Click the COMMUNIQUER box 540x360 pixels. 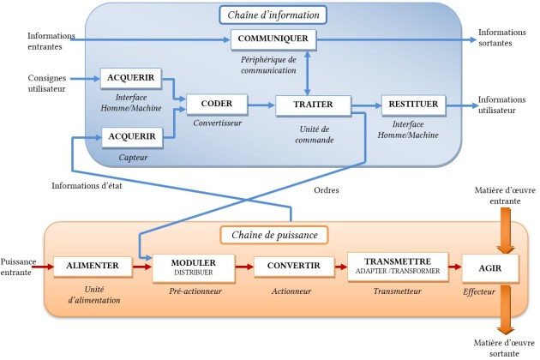pyautogui.click(x=273, y=39)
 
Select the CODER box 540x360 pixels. pyautogui.click(x=217, y=104)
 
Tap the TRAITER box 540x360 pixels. pyautogui.click(x=314, y=105)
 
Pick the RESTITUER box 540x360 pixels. pyautogui.click(x=414, y=105)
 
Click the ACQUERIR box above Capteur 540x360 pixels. pyautogui.click(x=132, y=137)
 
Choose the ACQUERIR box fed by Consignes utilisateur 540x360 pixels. pyautogui.click(x=131, y=78)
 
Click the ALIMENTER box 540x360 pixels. pyautogui.click(x=93, y=267)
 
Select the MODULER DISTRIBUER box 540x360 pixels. pyautogui.click(x=194, y=268)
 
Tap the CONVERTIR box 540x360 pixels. pyautogui.click(x=294, y=267)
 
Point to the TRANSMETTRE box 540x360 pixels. pyautogui.click(x=398, y=267)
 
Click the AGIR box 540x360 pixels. pyautogui.click(x=490, y=268)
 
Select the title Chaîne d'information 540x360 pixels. pyautogui.click(x=273, y=15)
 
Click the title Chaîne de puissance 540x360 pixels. pyautogui.click(x=274, y=235)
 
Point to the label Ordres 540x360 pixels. pyautogui.click(x=326, y=190)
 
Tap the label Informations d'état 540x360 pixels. pyautogui.click(x=87, y=186)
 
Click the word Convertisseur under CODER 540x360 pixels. pyautogui.click(x=218, y=123)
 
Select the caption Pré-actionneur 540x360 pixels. pyautogui.click(x=195, y=291)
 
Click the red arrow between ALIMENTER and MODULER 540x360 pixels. pyautogui.click(x=142, y=267)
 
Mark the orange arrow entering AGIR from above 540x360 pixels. pyautogui.click(x=505, y=231)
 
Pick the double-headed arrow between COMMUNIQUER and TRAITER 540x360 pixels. pyautogui.click(x=308, y=72)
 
